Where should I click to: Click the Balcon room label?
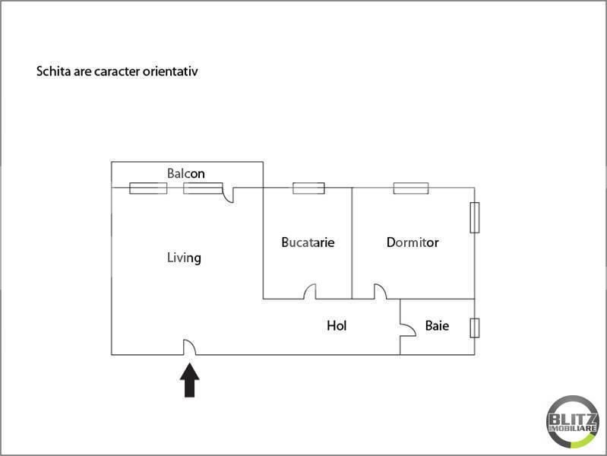[186, 173]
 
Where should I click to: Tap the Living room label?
[184, 258]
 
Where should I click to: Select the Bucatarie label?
[308, 242]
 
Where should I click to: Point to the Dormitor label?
[413, 242]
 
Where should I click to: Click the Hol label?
[337, 325]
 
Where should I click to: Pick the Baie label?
[437, 325]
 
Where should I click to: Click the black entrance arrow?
[190, 380]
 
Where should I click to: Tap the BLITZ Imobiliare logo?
[573, 422]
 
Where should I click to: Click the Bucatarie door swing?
[310, 292]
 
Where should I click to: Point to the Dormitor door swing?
[380, 292]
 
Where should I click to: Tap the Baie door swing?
[409, 330]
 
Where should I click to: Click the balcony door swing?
[229, 195]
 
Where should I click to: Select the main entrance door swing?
[189, 347]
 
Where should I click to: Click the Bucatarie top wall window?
[308, 188]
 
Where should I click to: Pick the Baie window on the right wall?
[475, 328]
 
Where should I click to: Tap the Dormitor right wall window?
[475, 217]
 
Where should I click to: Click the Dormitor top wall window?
[411, 188]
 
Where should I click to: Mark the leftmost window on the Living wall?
[148, 188]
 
